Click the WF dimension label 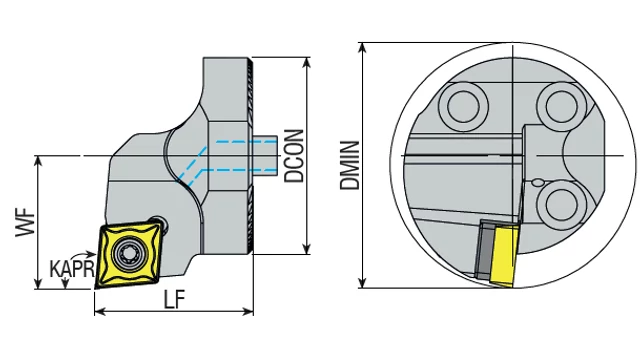coord(25,222)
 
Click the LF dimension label coord(174,300)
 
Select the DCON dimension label coord(294,156)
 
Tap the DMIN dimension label coord(350,165)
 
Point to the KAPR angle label coord(72,269)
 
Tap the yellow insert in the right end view coord(505,257)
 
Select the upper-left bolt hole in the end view coord(463,106)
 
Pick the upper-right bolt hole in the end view coord(562,106)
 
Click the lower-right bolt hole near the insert coord(561,204)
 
